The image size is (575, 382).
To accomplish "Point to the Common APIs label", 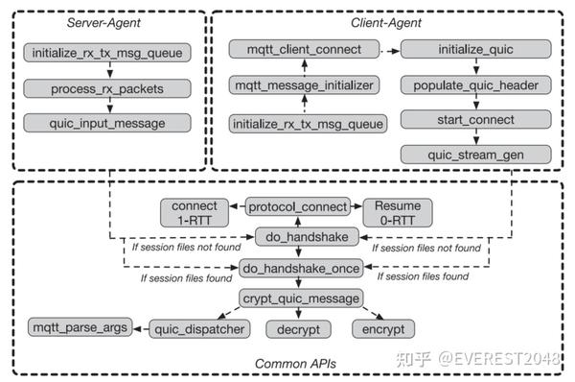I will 289,364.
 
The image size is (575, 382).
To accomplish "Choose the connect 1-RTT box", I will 195,213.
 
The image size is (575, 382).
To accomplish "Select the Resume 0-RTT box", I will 397,213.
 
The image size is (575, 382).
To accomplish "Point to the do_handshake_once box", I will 299,269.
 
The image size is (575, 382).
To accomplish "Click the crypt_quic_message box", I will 299,298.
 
